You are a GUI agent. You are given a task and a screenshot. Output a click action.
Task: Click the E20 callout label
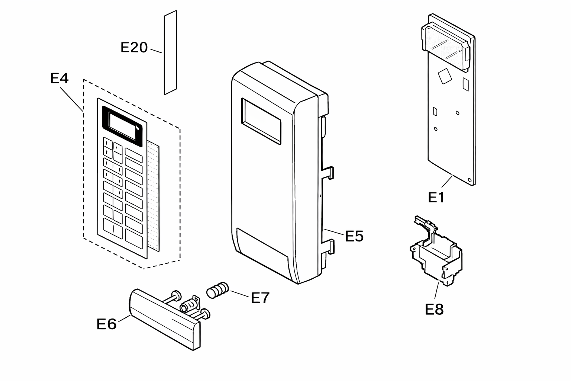click(134, 48)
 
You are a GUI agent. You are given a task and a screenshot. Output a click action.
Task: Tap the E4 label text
click(59, 78)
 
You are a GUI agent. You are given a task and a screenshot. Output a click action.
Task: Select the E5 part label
click(354, 236)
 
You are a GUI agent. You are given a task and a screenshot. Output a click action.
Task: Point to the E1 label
click(436, 197)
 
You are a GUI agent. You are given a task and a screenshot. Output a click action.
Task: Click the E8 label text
click(434, 309)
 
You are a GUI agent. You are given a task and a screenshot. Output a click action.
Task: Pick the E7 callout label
click(260, 298)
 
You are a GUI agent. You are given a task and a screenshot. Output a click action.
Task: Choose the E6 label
click(107, 324)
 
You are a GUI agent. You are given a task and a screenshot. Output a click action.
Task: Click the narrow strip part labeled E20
click(170, 52)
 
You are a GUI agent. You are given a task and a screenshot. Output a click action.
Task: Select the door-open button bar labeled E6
click(165, 320)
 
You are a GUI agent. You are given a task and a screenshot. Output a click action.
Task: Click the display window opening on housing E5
click(261, 121)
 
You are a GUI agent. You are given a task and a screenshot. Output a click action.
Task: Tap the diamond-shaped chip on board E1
click(445, 76)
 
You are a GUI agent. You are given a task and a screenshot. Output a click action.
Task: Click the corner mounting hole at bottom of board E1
click(470, 180)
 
